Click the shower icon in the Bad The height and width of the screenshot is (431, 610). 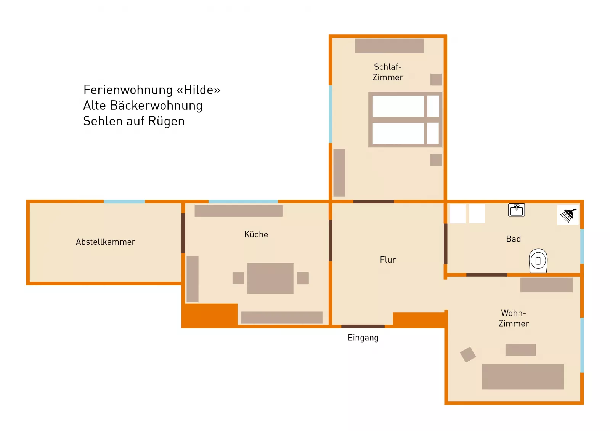pyautogui.click(x=568, y=215)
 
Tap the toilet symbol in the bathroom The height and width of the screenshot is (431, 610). pyautogui.click(x=538, y=261)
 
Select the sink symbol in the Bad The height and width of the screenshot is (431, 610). pyautogui.click(x=516, y=210)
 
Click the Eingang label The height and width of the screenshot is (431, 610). pyautogui.click(x=363, y=338)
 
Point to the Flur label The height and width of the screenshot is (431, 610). pyautogui.click(x=388, y=260)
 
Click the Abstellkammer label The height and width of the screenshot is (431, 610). pyautogui.click(x=105, y=242)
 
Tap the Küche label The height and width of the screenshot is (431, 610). pyautogui.click(x=256, y=234)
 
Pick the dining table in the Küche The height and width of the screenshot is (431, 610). pyautogui.click(x=270, y=278)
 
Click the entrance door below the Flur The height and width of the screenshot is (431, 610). pyautogui.click(x=363, y=326)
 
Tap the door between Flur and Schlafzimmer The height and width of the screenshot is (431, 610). pyautogui.click(x=373, y=202)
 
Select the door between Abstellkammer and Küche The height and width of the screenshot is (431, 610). pyautogui.click(x=183, y=233)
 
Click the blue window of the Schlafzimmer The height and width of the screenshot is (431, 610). pyautogui.click(x=330, y=114)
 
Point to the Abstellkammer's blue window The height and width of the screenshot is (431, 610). pyautogui.click(x=124, y=202)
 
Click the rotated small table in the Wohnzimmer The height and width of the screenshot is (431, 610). pyautogui.click(x=468, y=354)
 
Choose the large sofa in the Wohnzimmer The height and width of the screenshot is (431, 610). pyautogui.click(x=523, y=377)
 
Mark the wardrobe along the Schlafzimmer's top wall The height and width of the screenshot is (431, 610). pyautogui.click(x=389, y=46)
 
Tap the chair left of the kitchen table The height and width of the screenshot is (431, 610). pyautogui.click(x=238, y=278)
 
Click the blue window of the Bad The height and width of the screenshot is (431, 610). pyautogui.click(x=582, y=246)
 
